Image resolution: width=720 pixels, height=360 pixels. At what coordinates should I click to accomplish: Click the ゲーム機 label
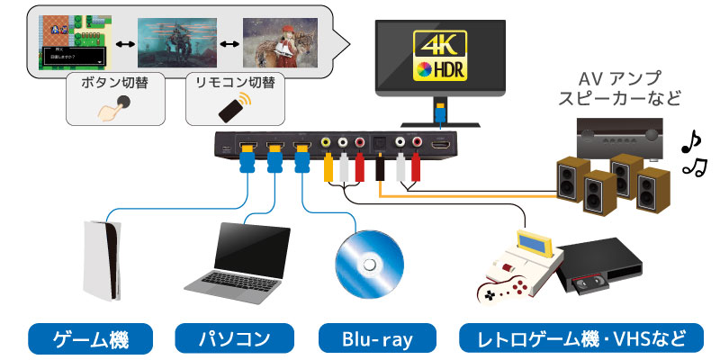pos(91,339)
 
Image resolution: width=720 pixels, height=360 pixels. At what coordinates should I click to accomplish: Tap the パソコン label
pos(234,339)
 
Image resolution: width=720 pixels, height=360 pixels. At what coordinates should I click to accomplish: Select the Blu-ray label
pos(377,339)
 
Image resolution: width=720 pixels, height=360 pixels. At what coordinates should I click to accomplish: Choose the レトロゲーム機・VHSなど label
pos(577,339)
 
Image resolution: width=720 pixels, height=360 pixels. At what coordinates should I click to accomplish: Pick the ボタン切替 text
pos(114,83)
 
